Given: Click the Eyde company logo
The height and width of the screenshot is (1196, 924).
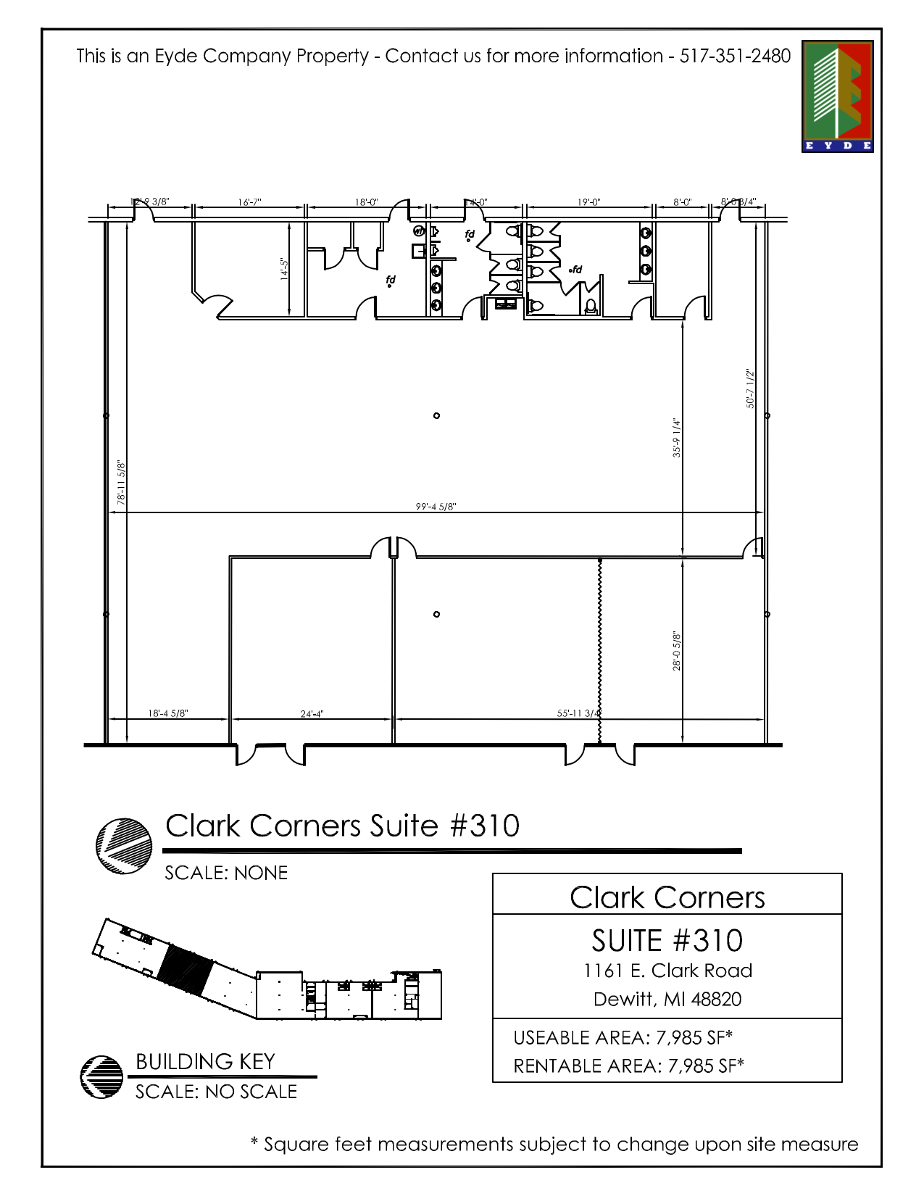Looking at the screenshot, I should point(837,96).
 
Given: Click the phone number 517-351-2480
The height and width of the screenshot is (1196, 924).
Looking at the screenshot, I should point(735,56).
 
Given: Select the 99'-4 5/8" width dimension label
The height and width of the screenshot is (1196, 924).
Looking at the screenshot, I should point(436,507).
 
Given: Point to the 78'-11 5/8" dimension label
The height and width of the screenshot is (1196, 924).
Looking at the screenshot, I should point(121,482).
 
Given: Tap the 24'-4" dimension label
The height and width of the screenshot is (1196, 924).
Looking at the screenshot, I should point(312,714).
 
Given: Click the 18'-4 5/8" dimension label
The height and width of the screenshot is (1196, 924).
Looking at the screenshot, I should point(168,713).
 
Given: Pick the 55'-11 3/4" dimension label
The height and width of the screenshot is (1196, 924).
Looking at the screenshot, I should point(578,713).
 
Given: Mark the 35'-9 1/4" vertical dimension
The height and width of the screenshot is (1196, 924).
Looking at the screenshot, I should point(676,437).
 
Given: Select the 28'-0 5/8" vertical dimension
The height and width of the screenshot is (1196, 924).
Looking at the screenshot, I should point(676,650).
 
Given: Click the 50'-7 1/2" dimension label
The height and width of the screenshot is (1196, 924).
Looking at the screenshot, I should point(750,389).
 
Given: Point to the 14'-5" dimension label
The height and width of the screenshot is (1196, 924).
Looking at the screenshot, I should point(284,269).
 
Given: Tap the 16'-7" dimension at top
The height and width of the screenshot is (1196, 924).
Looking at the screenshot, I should point(249,202).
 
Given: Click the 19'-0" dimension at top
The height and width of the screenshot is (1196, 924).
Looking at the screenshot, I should point(588,202).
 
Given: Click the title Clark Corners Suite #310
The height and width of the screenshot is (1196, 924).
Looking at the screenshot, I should point(342,826).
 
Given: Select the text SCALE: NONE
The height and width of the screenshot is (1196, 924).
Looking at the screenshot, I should point(226,873).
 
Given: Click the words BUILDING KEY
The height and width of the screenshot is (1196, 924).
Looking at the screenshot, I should point(205,1062).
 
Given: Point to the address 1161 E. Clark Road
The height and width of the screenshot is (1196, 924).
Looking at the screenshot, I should point(667,971).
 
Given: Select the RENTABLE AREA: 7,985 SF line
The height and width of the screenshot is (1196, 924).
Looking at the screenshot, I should point(628,1066).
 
